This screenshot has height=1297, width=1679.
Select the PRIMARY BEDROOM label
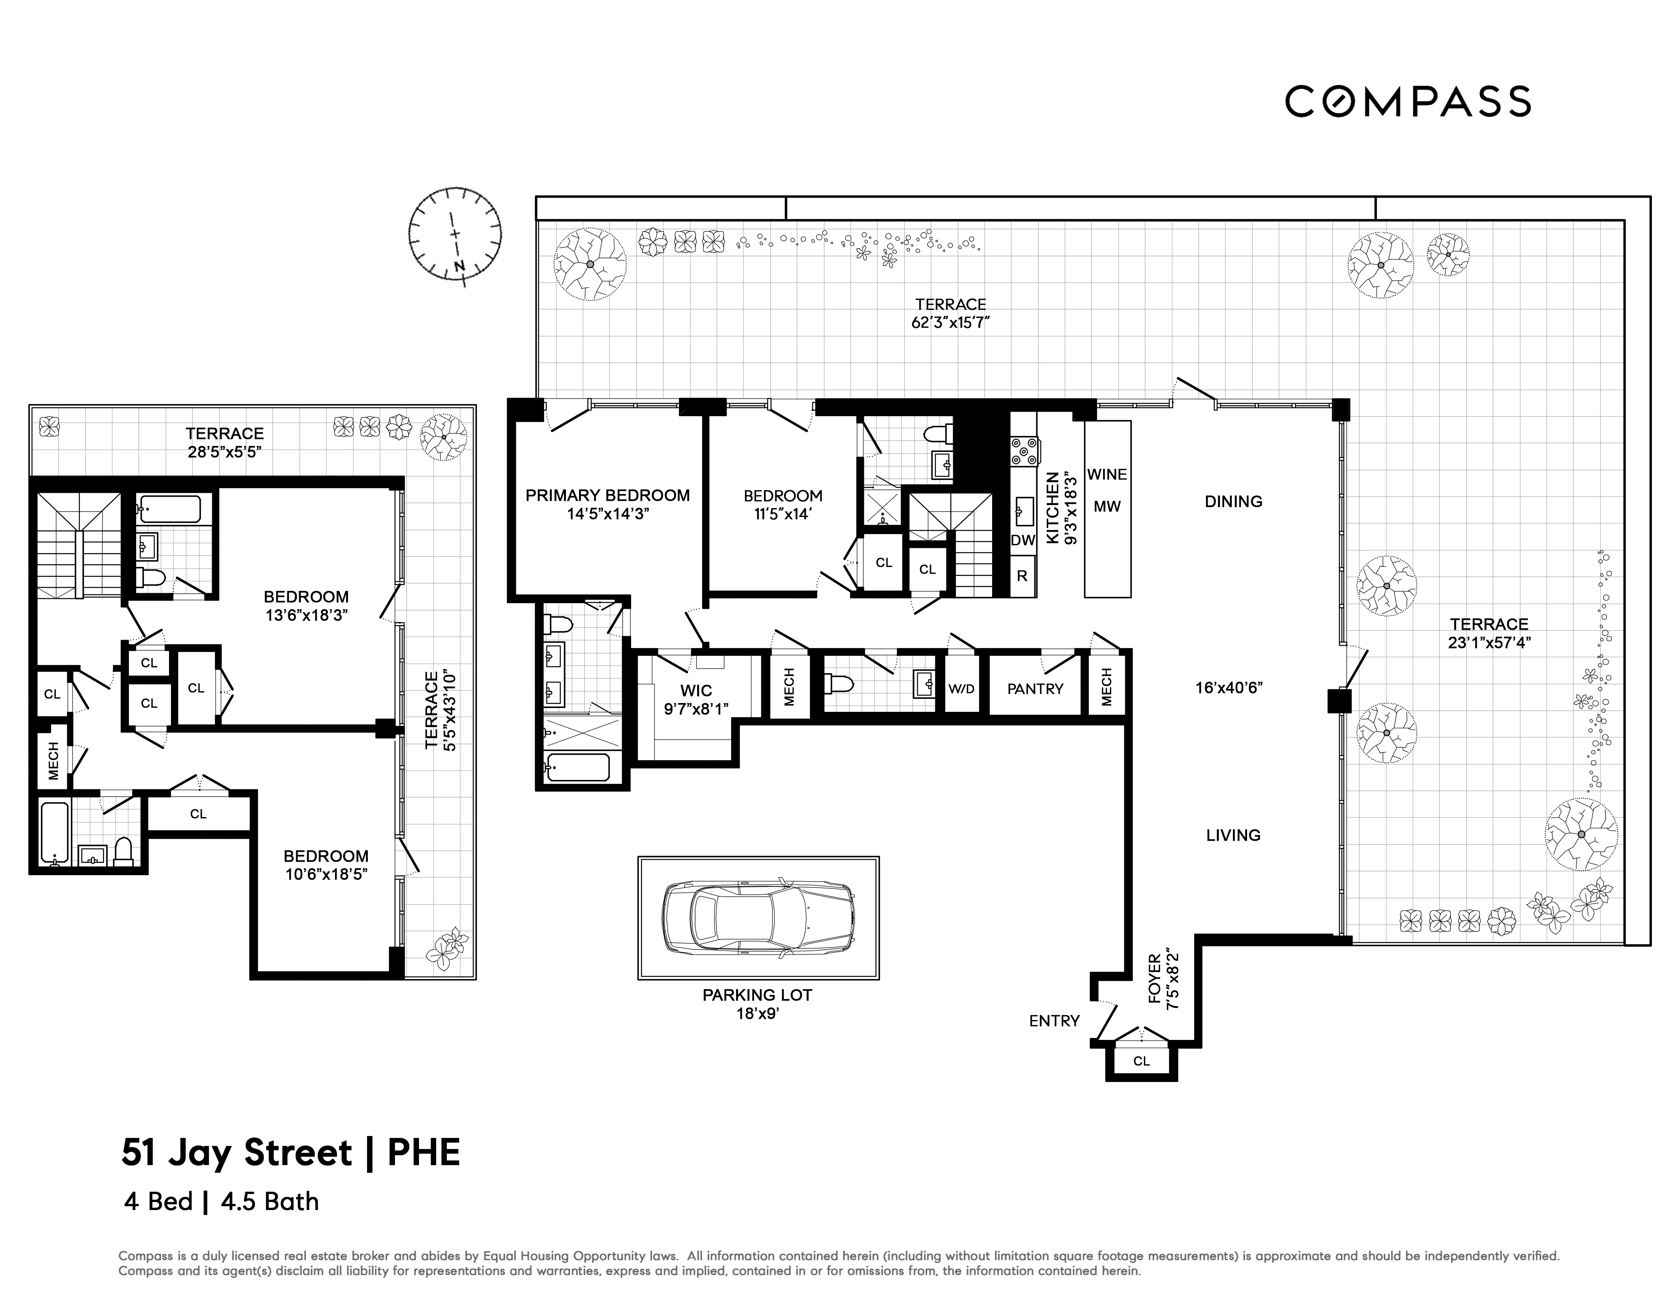coord(607,496)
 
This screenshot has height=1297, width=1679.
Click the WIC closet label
coord(696,690)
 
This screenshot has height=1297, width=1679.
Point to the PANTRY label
coord(1035,689)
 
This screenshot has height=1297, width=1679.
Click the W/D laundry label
coord(961,689)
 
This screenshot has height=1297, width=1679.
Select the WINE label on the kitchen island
coord(1107,474)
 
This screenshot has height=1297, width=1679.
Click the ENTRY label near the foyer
coord(1054,1020)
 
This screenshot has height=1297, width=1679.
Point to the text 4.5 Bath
coord(270,1201)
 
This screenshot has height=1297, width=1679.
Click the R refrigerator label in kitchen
coord(1022,576)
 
